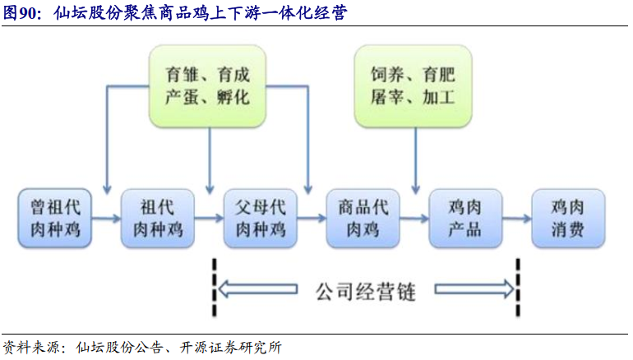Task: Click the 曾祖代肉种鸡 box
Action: pyautogui.click(x=55, y=219)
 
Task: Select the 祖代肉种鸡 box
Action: pyautogui.click(x=158, y=219)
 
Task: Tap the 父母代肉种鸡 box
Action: pyautogui.click(x=261, y=219)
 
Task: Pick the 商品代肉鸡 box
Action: pyautogui.click(x=363, y=219)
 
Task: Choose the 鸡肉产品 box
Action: pyautogui.click(x=465, y=219)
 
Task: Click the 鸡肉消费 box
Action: pyautogui.click(x=568, y=219)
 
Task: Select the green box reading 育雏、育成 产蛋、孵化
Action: pyautogui.click(x=207, y=86)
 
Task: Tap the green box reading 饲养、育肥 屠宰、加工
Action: pyautogui.click(x=413, y=86)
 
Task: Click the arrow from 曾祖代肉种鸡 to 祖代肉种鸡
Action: pyautogui.click(x=106, y=219)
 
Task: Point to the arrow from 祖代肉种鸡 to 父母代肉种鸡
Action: pyautogui.click(x=209, y=219)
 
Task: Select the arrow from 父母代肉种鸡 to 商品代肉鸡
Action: pyautogui.click(x=312, y=219)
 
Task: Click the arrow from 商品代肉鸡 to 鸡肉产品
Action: pyautogui.click(x=414, y=219)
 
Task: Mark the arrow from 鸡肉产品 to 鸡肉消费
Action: pyautogui.click(x=517, y=219)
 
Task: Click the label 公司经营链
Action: pyautogui.click(x=366, y=292)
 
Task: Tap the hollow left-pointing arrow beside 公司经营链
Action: pyautogui.click(x=258, y=289)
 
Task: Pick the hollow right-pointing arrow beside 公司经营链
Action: pyautogui.click(x=474, y=289)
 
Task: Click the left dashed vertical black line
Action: pyautogui.click(x=215, y=287)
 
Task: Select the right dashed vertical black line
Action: pyautogui.click(x=518, y=287)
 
